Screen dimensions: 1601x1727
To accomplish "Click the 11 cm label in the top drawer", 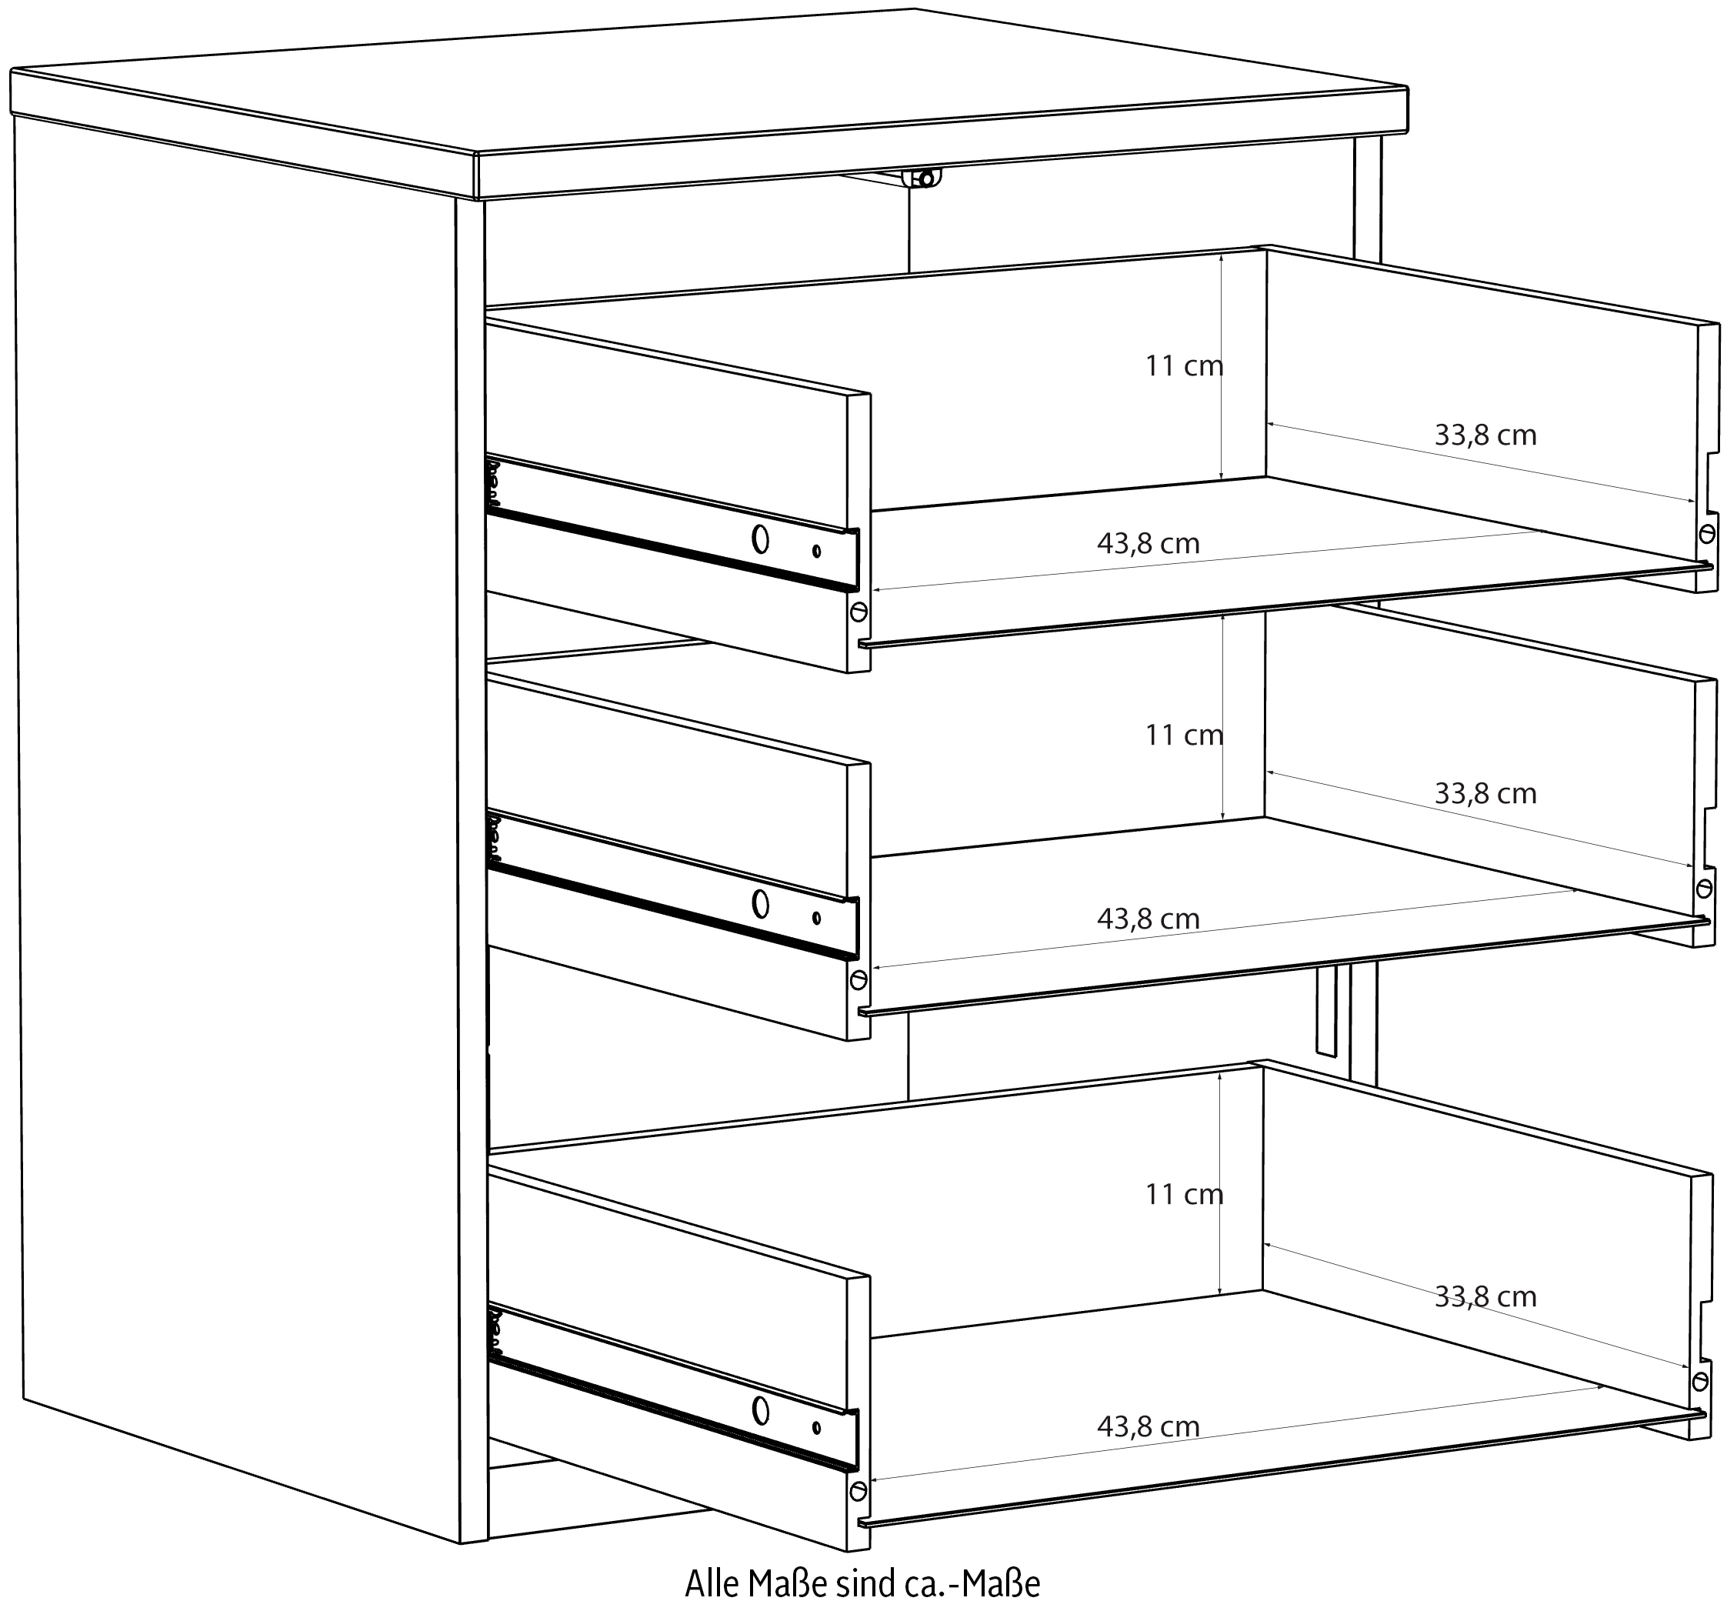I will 1184,365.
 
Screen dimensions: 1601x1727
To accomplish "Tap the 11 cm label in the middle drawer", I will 1184,735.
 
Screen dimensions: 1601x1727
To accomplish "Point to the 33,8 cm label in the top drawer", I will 1485,435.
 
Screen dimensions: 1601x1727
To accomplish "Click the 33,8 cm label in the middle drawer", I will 1485,793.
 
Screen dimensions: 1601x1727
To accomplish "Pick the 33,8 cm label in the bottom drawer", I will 1485,1296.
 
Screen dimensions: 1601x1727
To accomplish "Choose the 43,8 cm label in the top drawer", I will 1149,543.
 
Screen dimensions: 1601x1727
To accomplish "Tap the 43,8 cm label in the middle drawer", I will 1149,919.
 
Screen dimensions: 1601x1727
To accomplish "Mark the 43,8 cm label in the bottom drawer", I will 1149,1426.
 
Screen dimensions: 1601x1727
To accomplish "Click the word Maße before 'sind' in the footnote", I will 785,1582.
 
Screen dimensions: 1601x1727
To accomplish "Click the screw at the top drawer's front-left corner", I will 858,612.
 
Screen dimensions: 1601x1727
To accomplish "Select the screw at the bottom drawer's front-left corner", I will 858,1491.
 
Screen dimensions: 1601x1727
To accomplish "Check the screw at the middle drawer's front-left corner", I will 858,980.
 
